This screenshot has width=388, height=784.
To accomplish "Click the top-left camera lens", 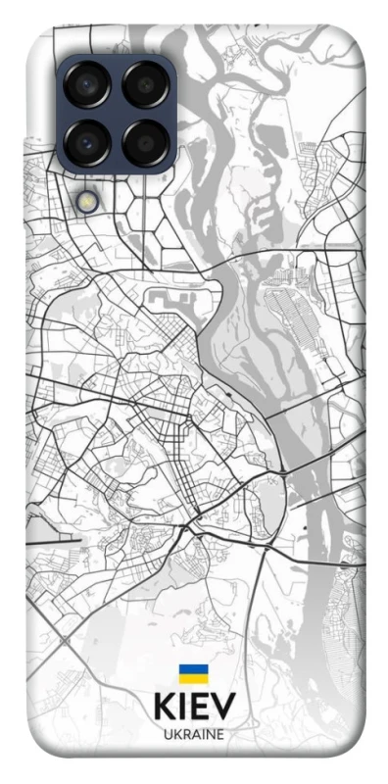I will (x=89, y=86).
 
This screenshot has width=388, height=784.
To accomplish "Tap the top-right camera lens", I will (x=145, y=86).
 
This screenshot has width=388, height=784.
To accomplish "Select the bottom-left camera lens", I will (x=89, y=142).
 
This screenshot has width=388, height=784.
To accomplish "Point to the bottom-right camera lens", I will (x=145, y=142).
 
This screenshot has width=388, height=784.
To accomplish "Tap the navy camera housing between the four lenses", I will (x=117, y=115).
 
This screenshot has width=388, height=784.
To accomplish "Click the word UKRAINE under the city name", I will (x=193, y=734).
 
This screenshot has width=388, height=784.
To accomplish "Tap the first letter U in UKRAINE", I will (x=167, y=734).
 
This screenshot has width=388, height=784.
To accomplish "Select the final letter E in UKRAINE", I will (x=219, y=734).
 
